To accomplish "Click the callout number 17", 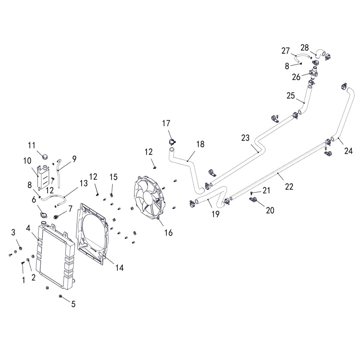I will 166,123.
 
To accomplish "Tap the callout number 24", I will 348,151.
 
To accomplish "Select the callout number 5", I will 73,304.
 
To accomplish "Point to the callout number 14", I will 119,268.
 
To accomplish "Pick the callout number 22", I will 289,186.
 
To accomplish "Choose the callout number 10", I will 27,161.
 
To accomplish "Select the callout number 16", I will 168,232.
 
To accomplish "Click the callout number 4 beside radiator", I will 28,228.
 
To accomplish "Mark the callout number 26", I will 296,77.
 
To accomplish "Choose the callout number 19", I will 216,214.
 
